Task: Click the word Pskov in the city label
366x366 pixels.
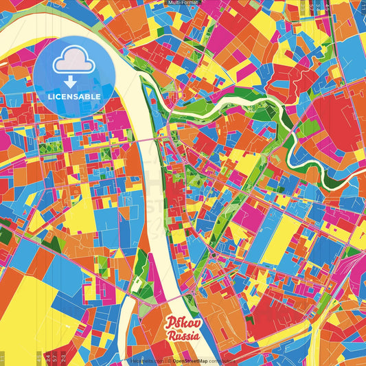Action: pos(182,324)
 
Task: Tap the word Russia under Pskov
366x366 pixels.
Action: pos(183,336)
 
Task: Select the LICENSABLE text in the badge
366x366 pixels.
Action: pos(74,96)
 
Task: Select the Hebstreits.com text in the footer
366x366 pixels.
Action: pos(146,361)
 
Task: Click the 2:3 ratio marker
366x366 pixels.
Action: pos(63,356)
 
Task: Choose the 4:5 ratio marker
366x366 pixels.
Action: pos(38,356)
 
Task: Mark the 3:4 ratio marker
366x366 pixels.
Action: pos(46,356)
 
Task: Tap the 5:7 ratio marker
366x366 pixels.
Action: pos(54,356)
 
